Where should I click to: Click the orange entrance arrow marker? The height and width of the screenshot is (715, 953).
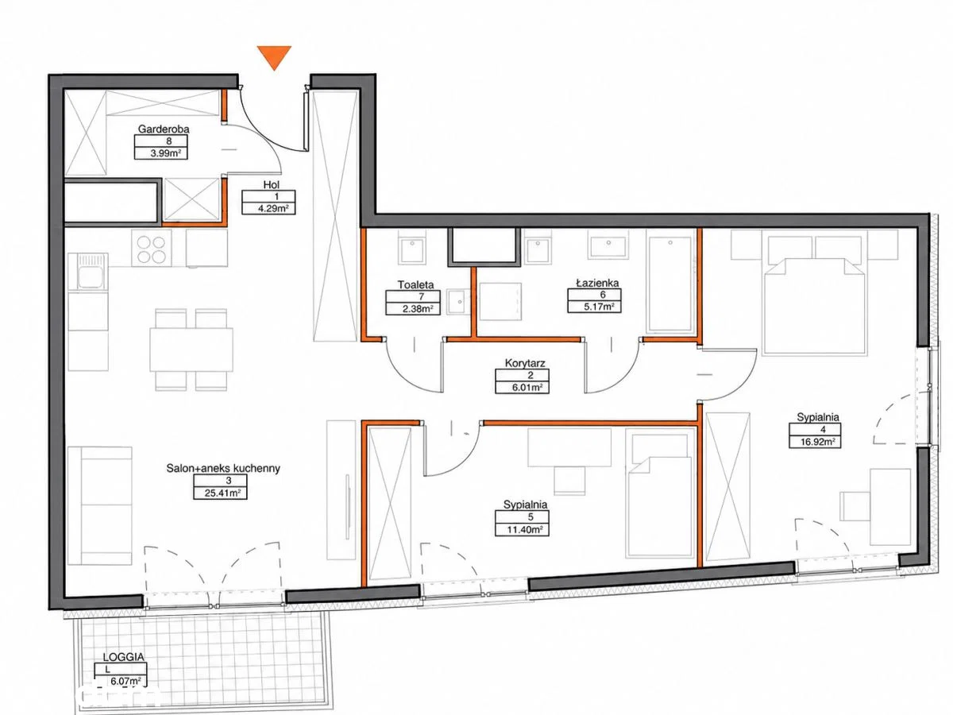(x=274, y=56)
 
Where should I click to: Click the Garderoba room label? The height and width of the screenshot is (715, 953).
(x=164, y=129)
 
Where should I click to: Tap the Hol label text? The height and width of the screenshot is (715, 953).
(x=271, y=184)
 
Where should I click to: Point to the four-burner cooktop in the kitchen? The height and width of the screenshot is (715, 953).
(x=152, y=249)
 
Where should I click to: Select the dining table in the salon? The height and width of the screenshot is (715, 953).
(x=191, y=350)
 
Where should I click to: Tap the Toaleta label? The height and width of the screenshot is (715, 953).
(x=415, y=284)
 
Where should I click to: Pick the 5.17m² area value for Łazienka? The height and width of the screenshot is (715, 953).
(x=599, y=307)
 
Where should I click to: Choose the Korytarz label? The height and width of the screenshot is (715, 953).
(x=525, y=362)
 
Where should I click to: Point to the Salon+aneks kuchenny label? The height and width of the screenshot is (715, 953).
(x=223, y=468)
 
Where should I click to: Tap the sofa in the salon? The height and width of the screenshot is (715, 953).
(x=100, y=506)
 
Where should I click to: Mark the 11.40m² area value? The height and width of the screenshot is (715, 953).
(x=524, y=530)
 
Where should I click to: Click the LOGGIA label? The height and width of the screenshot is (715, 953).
(x=123, y=657)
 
